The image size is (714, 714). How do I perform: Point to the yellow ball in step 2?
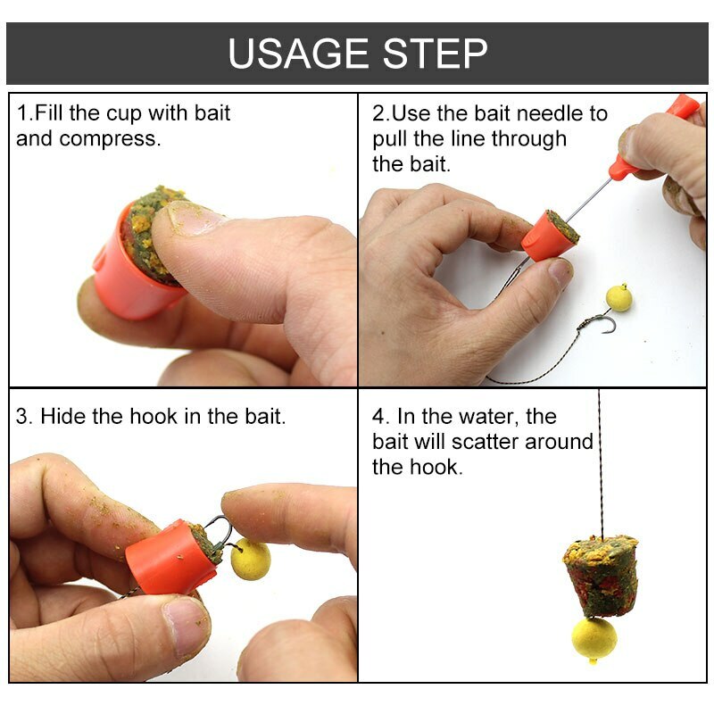619,297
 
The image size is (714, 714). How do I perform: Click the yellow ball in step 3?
250,560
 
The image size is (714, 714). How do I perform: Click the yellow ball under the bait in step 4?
594,639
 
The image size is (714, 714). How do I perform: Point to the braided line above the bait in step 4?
600,464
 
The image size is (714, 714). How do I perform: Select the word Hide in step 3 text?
62,417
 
